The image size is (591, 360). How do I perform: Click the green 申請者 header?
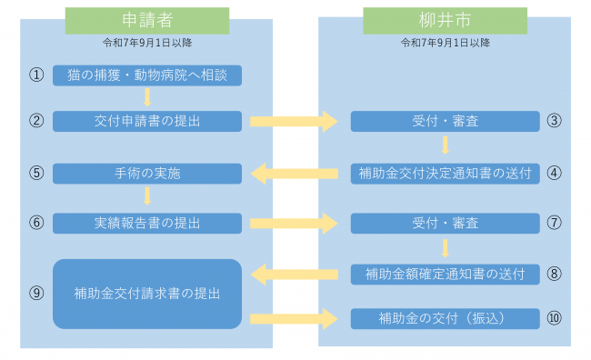coord(146,20)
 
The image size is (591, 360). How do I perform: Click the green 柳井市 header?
coord(445,20)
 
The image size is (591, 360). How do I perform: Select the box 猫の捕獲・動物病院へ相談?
coord(147,75)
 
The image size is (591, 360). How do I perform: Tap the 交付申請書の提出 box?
coord(147,121)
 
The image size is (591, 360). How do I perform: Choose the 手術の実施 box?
coord(147,173)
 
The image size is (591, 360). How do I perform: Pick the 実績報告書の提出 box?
coord(147,223)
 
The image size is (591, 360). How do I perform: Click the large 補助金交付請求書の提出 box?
coord(147,294)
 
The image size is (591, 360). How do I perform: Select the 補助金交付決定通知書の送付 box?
coord(445,173)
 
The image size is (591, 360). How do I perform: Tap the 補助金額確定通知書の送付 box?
coord(445,273)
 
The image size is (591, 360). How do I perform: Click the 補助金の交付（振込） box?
coord(445,318)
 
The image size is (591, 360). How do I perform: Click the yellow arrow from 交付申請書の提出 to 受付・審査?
coord(295,121)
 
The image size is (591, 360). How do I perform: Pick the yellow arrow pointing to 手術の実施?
coord(295,173)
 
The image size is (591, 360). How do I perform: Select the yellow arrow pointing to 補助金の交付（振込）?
coord(295,318)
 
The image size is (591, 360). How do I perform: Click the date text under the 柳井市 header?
coord(445,42)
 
